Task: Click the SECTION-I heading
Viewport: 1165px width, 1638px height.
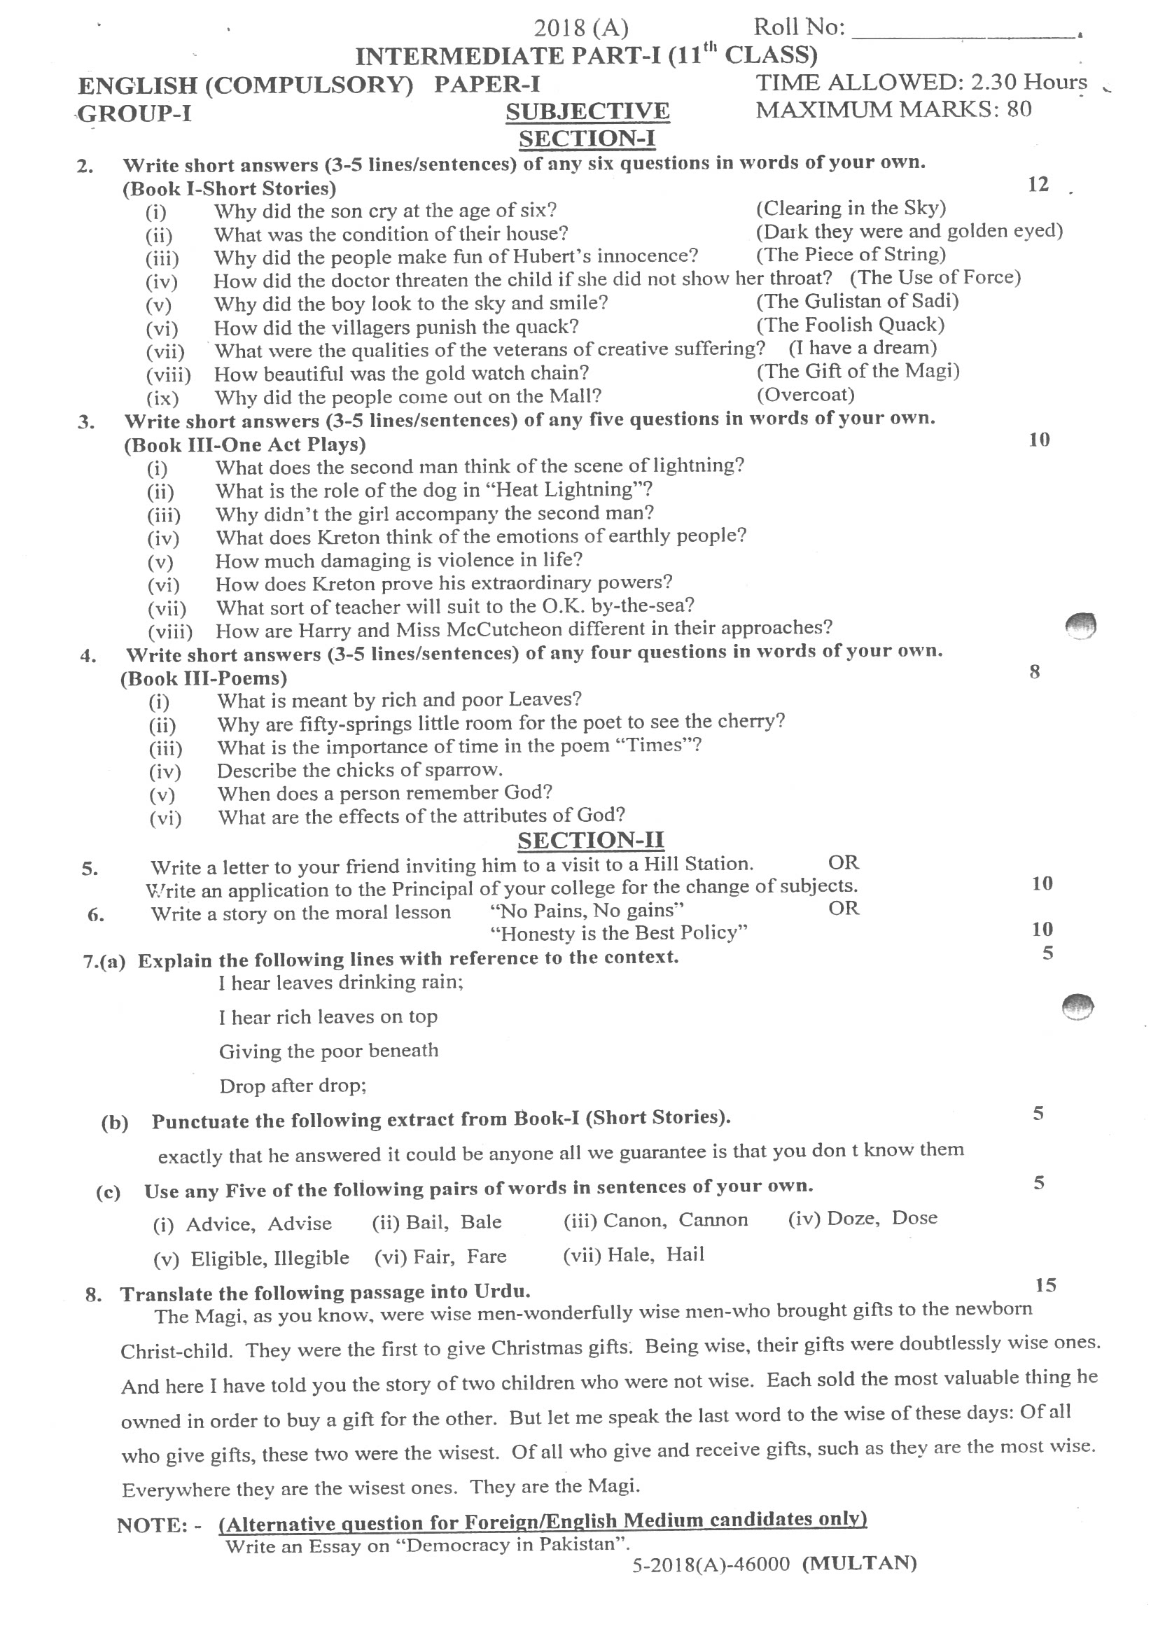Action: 587,139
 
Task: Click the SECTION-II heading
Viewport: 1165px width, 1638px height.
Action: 590,840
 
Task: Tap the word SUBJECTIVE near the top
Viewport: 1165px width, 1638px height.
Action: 587,112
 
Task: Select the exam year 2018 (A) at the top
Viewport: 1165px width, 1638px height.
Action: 581,28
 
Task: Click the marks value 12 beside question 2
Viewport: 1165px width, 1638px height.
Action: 1038,185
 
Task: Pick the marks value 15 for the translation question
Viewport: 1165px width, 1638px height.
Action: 1045,1285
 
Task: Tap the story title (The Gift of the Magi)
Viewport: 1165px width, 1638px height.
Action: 858,371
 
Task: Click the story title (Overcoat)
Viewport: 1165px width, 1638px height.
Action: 806,394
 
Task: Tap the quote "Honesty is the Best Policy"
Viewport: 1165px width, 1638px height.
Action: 618,933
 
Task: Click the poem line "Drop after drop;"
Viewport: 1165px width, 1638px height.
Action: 293,1086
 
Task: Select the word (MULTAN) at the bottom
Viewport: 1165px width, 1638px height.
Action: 858,1563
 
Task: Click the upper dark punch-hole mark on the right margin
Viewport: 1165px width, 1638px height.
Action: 1081,625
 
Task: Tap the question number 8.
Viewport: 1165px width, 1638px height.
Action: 93,1294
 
